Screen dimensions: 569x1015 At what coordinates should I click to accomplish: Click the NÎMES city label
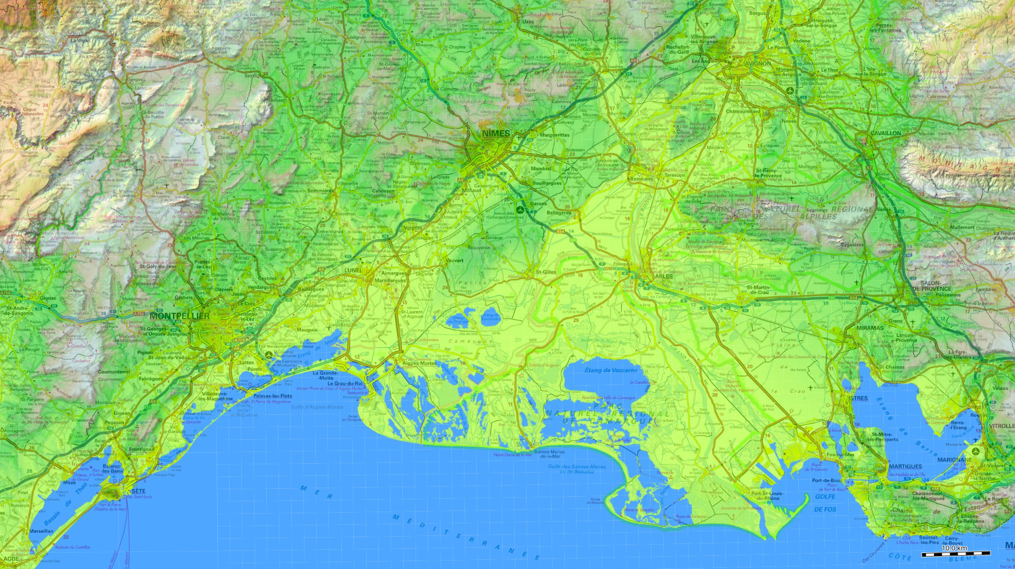496,133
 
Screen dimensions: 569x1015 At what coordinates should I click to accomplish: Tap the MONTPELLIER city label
179,316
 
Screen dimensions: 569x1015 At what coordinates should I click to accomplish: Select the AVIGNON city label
757,63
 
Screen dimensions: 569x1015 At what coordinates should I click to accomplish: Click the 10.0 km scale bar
955,553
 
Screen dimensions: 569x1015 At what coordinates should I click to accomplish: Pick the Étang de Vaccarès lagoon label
611,370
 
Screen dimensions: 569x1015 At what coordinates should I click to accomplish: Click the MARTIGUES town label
906,466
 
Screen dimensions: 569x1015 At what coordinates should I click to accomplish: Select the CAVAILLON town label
885,133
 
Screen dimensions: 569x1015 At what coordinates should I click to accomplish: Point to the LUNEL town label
353,270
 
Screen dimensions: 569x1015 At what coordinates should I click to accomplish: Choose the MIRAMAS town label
869,328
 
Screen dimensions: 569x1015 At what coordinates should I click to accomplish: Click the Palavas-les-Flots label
273,396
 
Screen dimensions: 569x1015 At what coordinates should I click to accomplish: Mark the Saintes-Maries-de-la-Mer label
550,454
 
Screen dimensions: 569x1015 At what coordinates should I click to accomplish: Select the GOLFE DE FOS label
825,503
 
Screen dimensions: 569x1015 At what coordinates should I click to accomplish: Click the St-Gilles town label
546,272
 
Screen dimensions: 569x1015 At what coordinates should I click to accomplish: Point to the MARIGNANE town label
954,459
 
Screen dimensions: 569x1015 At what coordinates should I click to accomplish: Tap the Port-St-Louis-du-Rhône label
766,496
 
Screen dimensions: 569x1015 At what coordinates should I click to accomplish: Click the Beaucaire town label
641,179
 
